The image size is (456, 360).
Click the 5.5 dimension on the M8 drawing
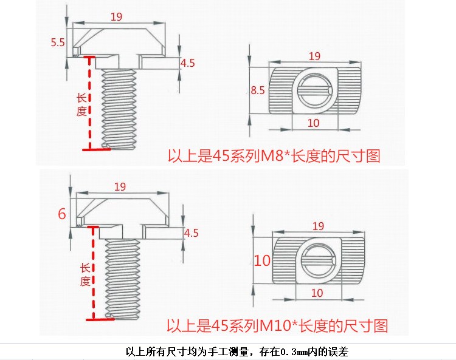pyautogui.click(x=58, y=42)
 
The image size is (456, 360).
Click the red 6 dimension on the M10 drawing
pyautogui.click(x=61, y=214)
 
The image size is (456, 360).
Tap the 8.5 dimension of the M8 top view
pyautogui.click(x=258, y=90)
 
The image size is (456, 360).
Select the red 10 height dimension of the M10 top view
pyautogui.click(x=262, y=261)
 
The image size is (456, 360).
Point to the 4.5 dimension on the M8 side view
pyautogui.click(x=188, y=63)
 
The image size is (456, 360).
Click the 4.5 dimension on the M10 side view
pyautogui.click(x=191, y=233)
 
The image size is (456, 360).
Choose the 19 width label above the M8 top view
pyautogui.click(x=314, y=56)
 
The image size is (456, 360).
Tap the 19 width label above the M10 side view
pyautogui.click(x=120, y=187)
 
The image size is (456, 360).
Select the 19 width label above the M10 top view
pyautogui.click(x=317, y=226)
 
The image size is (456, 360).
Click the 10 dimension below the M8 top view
pyautogui.click(x=314, y=123)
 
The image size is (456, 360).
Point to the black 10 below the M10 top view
pyautogui.click(x=317, y=293)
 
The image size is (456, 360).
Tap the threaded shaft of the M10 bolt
pyautogui.click(x=123, y=276)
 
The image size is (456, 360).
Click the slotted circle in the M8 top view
pyautogui.click(x=314, y=90)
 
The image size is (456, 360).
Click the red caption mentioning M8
pyautogui.click(x=274, y=156)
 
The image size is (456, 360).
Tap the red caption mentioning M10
pyautogui.click(x=277, y=326)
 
